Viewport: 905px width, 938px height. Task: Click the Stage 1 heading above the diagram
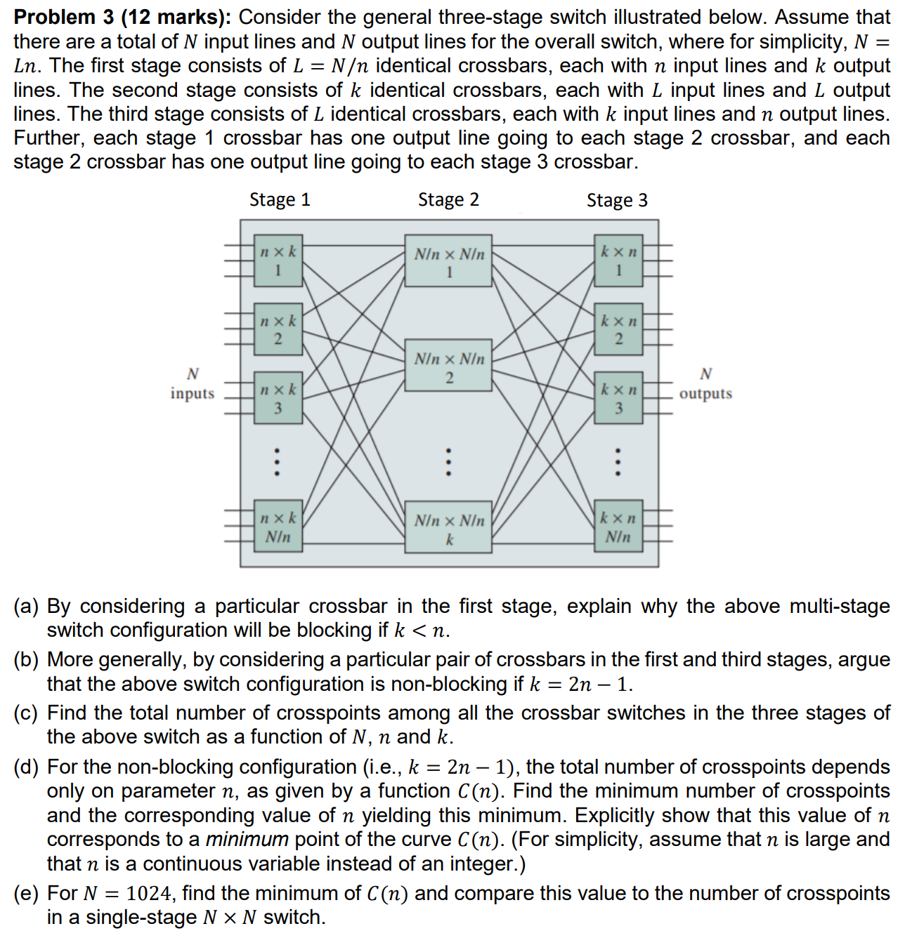coord(280,200)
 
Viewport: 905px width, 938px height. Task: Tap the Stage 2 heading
coord(448,200)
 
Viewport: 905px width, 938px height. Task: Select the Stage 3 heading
coord(617,201)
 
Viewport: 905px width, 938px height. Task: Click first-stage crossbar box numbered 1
coord(278,261)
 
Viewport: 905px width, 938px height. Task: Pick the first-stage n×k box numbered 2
coord(278,329)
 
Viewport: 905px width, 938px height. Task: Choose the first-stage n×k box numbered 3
coord(278,398)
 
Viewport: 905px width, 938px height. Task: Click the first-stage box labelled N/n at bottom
coord(278,527)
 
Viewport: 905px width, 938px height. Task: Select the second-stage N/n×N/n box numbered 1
coord(449,261)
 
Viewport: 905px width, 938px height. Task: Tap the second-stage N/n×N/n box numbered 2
coord(449,366)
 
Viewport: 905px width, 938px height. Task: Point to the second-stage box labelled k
coord(449,528)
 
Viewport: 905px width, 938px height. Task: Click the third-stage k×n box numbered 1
coord(618,261)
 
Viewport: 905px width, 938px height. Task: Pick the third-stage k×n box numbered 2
coord(618,329)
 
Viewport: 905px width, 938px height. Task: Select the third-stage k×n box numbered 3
coord(618,398)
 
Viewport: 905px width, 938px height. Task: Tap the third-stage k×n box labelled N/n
coord(618,527)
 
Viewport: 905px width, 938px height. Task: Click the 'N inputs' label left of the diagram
coord(193,384)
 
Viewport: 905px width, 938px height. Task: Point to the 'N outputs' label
coord(705,384)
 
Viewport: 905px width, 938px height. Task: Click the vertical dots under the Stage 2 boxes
coord(449,463)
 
